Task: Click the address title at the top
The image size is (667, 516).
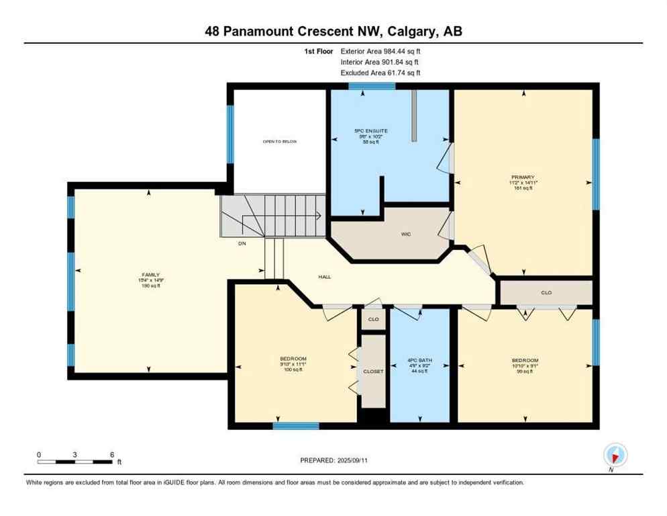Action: [333, 31]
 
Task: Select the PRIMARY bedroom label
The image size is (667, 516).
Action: [522, 177]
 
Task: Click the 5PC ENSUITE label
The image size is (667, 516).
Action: [372, 130]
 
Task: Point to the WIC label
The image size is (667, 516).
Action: [406, 234]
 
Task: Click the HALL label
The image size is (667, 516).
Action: [324, 276]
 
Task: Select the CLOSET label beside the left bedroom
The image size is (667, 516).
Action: [374, 371]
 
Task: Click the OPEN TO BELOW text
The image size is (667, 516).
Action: [280, 142]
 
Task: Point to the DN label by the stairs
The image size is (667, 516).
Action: [242, 243]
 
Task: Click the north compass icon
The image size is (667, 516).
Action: [615, 455]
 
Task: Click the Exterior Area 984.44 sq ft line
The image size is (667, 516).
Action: [381, 51]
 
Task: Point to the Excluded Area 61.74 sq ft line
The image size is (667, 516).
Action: [381, 73]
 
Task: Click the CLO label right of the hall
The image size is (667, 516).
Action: [546, 293]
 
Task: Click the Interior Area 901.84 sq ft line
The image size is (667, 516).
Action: [381, 62]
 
